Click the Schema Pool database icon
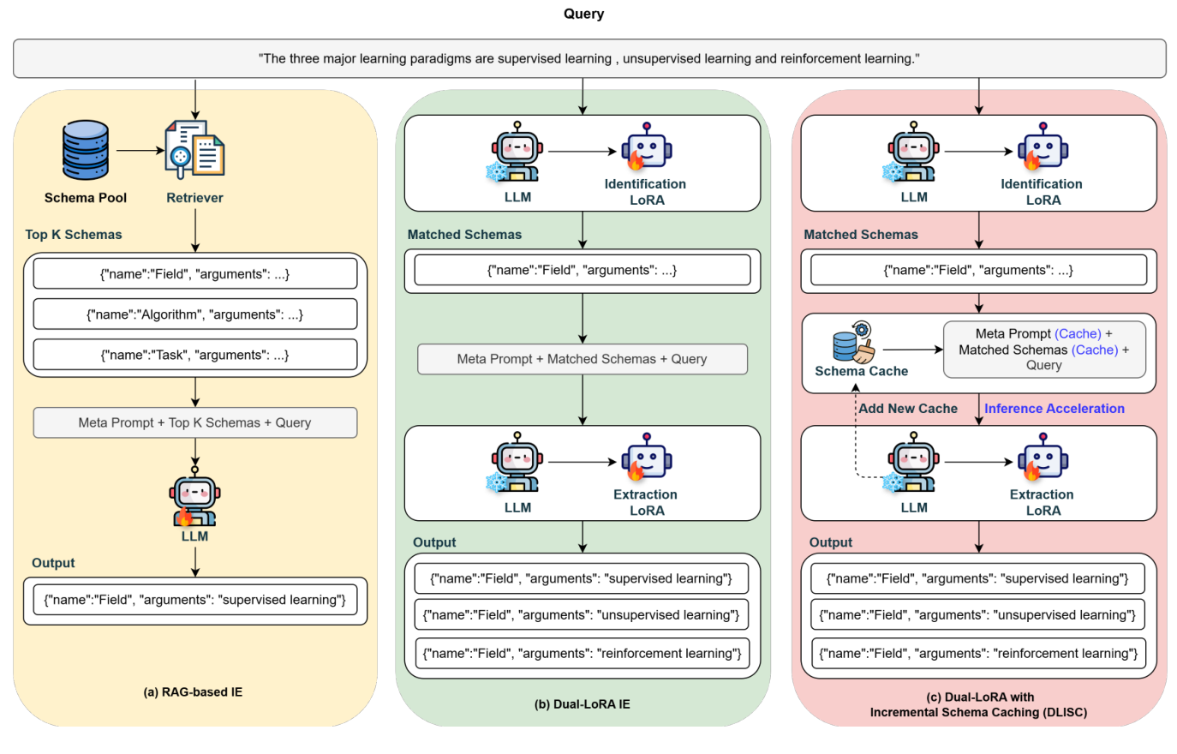pos(86,150)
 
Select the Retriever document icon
pos(194,149)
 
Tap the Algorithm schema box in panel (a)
pos(195,314)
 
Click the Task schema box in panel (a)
pos(195,355)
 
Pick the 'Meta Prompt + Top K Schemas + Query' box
pos(195,422)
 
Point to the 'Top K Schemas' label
pos(74,235)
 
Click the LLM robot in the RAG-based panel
pos(194,498)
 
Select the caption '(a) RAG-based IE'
pos(193,692)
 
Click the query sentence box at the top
pos(589,58)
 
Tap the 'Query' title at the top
pos(583,14)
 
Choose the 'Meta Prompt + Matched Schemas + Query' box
pos(583,359)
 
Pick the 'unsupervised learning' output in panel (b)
pos(583,615)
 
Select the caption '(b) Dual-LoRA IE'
pos(583,704)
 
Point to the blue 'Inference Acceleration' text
pos(1054,409)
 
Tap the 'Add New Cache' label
pos(908,409)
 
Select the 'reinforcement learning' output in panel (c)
pos(978,654)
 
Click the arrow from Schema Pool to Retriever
pos(140,151)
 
